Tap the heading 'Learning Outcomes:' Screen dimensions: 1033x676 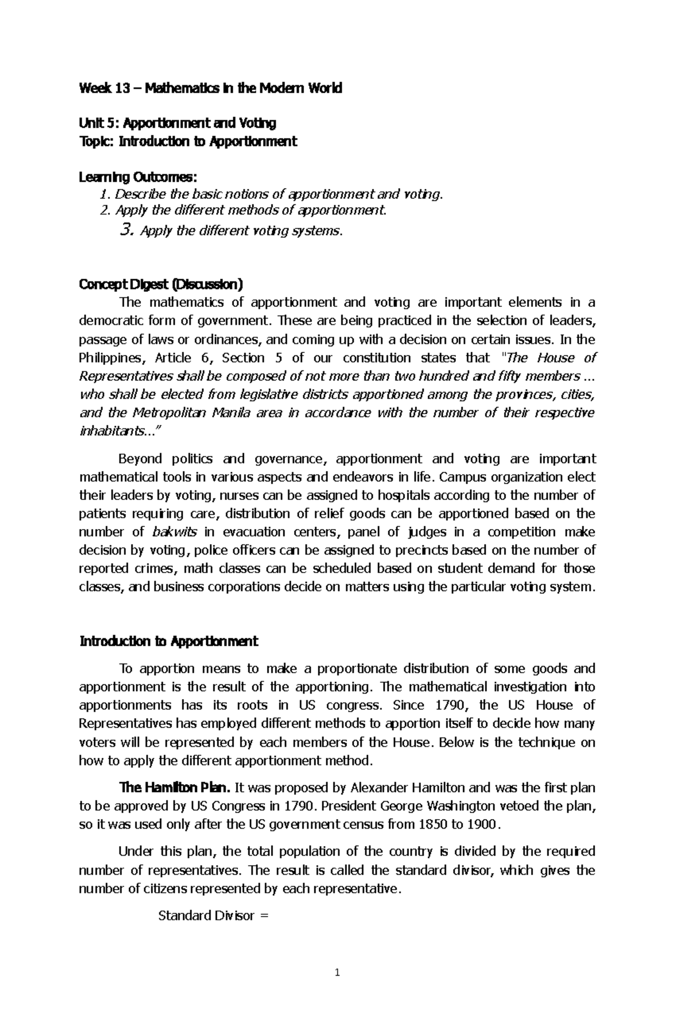point(138,177)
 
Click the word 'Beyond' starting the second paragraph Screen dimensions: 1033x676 point(136,459)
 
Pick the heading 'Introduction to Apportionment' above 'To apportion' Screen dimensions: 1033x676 point(168,641)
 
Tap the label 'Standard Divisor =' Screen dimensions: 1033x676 point(214,916)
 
